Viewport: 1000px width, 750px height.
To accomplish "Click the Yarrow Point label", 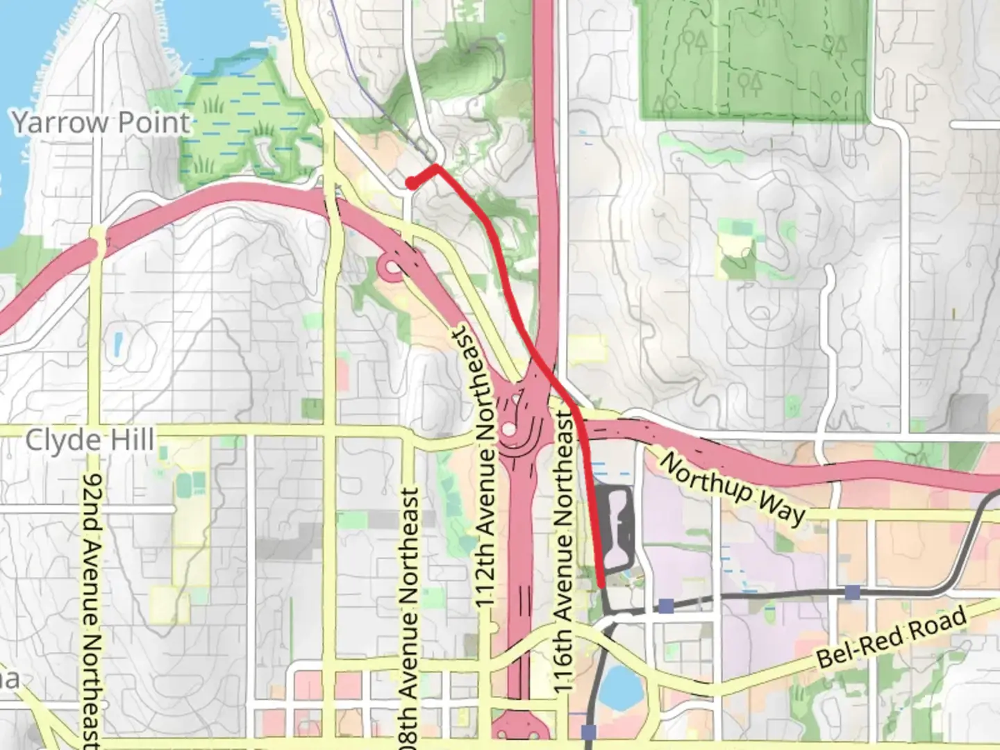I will [x=101, y=123].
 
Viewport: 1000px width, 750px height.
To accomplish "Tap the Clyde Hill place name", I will [x=90, y=440].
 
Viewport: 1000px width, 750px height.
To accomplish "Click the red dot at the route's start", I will [x=412, y=183].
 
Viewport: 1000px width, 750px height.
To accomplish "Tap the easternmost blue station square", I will [x=853, y=592].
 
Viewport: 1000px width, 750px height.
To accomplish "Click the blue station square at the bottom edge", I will [x=590, y=731].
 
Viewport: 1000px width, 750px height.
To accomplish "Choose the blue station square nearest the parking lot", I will [x=666, y=606].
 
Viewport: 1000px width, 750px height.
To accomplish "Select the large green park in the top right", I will [x=753, y=59].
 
